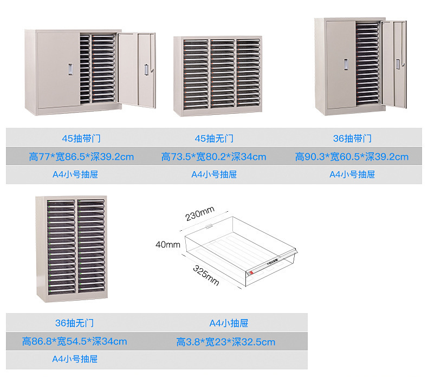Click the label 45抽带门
(x=80, y=139)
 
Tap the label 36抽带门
(x=352, y=139)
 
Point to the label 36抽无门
(x=75, y=323)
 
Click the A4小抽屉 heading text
(x=229, y=323)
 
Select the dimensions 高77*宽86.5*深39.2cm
(x=81, y=157)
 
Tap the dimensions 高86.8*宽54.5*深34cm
(x=75, y=341)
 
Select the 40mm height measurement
(x=167, y=244)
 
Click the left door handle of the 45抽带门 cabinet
(x=70, y=69)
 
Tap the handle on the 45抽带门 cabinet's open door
(x=146, y=69)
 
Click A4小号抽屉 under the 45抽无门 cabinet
(x=214, y=174)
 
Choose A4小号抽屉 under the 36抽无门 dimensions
(x=75, y=359)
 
